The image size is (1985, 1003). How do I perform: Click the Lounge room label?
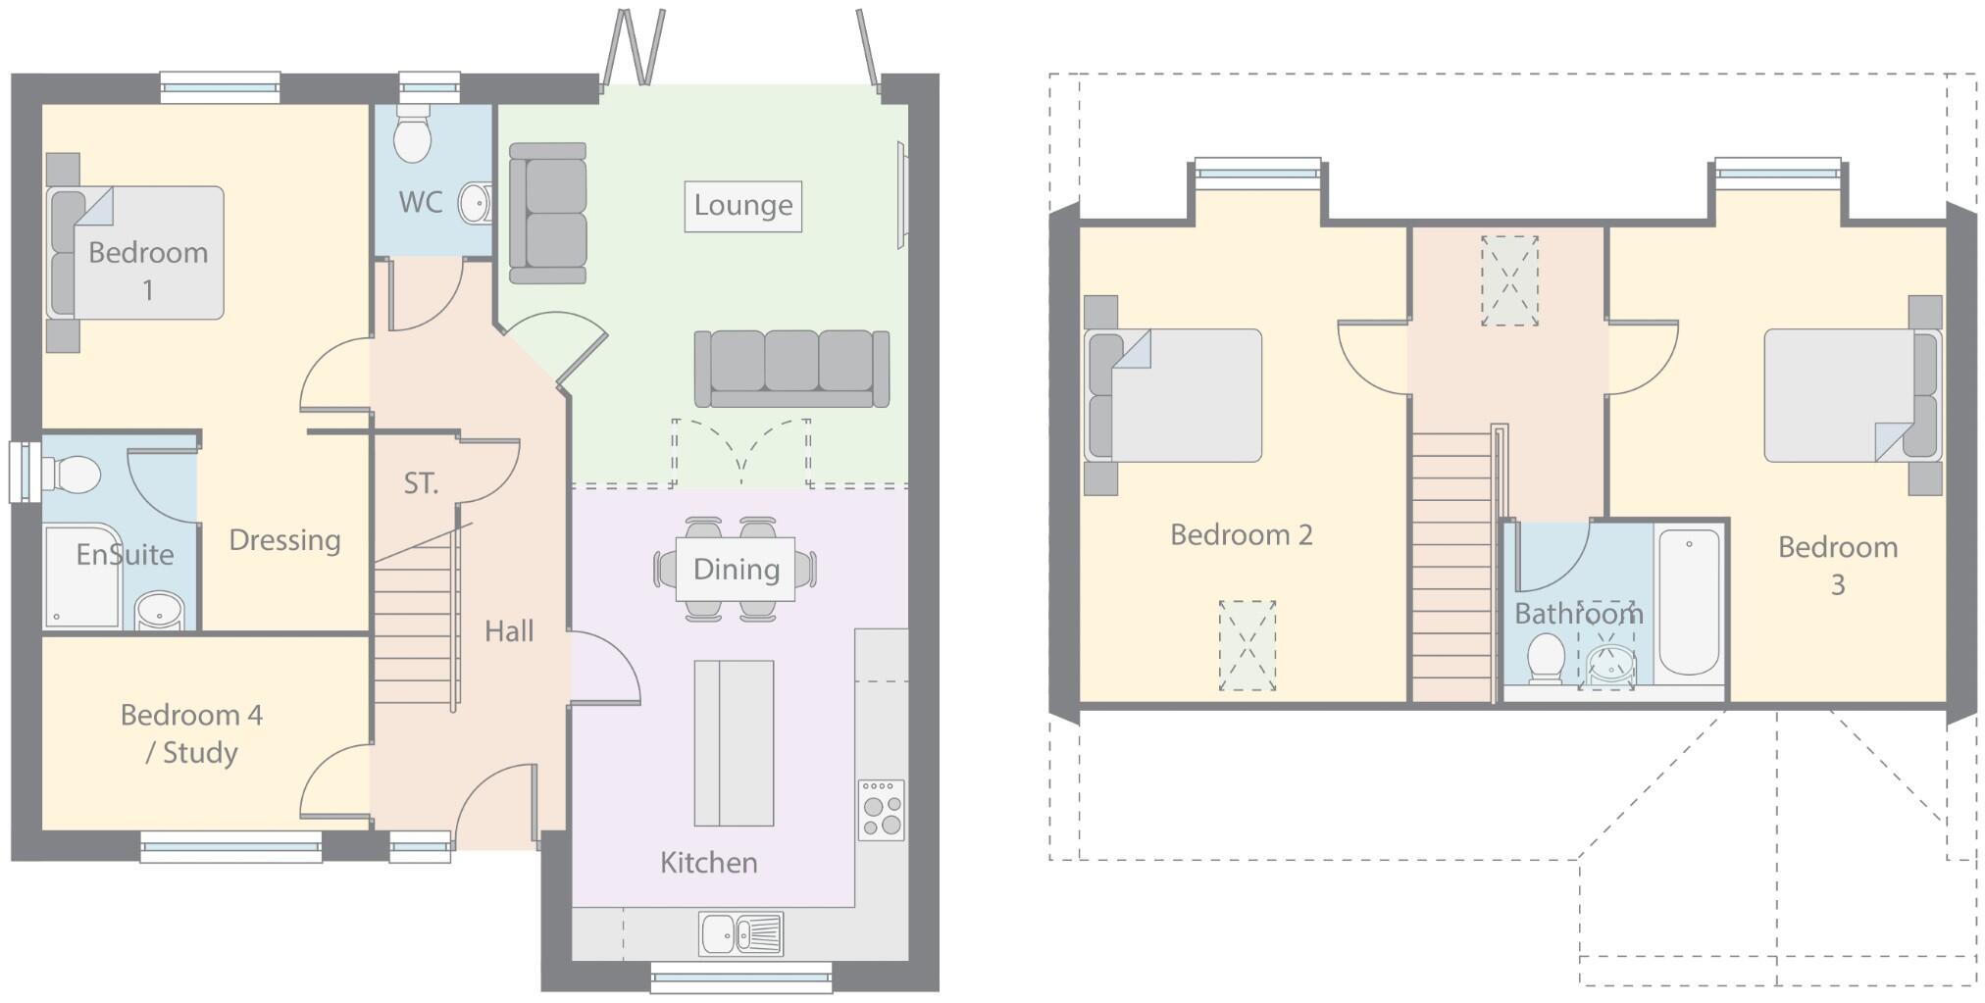(x=742, y=206)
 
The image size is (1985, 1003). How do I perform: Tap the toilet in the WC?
(x=412, y=137)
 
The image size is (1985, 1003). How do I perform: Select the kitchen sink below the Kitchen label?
(x=740, y=933)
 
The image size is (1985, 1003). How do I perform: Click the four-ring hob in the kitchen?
(x=881, y=810)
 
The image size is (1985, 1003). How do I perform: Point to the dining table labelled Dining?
(x=736, y=570)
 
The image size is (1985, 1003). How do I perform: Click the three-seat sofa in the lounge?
(x=791, y=369)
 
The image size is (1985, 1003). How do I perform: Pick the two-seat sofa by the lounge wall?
(x=548, y=213)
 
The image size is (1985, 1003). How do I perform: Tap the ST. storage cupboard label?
(x=421, y=483)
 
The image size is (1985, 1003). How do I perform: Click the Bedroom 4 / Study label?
(x=192, y=733)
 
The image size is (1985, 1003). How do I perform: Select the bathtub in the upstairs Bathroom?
(x=1689, y=601)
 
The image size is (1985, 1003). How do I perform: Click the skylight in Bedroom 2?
(x=1247, y=645)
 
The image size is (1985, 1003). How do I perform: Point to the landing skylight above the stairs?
(x=1509, y=280)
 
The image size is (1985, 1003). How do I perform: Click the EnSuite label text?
(x=125, y=555)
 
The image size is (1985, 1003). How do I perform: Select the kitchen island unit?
(x=734, y=743)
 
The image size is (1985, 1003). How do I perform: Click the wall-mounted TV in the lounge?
(x=901, y=195)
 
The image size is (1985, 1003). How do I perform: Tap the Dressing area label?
(x=284, y=540)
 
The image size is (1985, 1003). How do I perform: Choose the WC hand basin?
(x=476, y=204)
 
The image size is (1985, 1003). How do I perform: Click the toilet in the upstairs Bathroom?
(x=1547, y=657)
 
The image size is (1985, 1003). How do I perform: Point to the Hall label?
(x=509, y=631)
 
